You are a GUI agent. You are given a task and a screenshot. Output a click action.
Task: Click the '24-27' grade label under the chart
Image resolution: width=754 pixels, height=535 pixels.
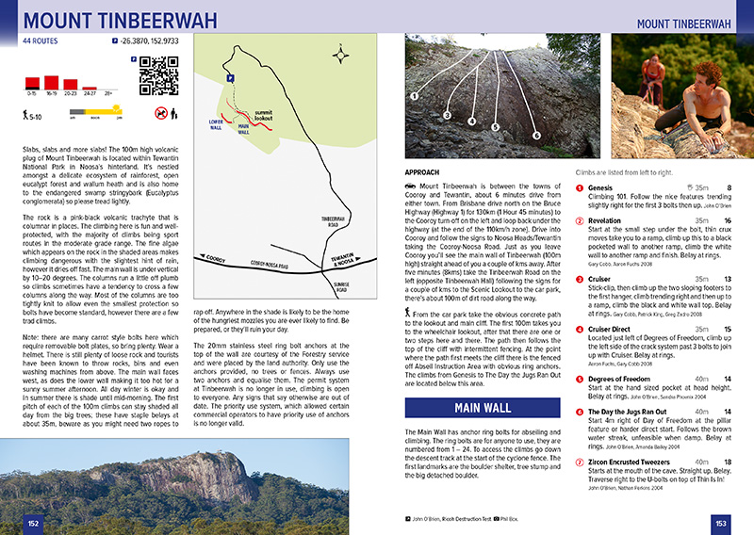(90, 94)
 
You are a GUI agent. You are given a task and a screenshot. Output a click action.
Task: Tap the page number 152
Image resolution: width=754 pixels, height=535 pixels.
(33, 523)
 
